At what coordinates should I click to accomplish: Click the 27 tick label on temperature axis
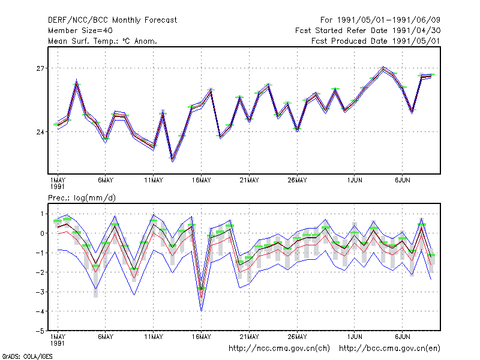pos(40,68)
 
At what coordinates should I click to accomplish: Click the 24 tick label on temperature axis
pos(40,132)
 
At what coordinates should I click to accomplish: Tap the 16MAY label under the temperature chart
pos(202,181)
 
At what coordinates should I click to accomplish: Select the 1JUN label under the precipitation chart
pos(355,337)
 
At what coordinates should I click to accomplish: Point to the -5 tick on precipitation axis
pos(40,331)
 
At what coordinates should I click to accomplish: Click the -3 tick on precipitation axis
pos(40,292)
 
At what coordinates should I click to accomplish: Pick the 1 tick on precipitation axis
pos(42,214)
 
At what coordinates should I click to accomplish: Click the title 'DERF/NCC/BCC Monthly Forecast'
pos(112,20)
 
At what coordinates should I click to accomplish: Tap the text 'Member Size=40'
pos(80,31)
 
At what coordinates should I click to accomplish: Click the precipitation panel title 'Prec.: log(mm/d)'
pos(82,198)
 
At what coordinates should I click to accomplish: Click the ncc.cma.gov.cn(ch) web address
pos(279,349)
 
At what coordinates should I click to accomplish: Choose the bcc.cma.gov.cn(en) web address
pos(389,349)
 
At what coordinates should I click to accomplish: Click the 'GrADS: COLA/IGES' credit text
pos(27,356)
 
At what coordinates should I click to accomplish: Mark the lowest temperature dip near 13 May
pos(172,159)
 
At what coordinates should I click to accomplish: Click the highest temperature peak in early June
pos(383,68)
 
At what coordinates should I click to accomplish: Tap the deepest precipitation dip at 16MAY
pos(202,310)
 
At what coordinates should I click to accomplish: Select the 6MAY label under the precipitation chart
pos(106,337)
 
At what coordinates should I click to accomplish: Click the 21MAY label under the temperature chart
pos(249,181)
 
